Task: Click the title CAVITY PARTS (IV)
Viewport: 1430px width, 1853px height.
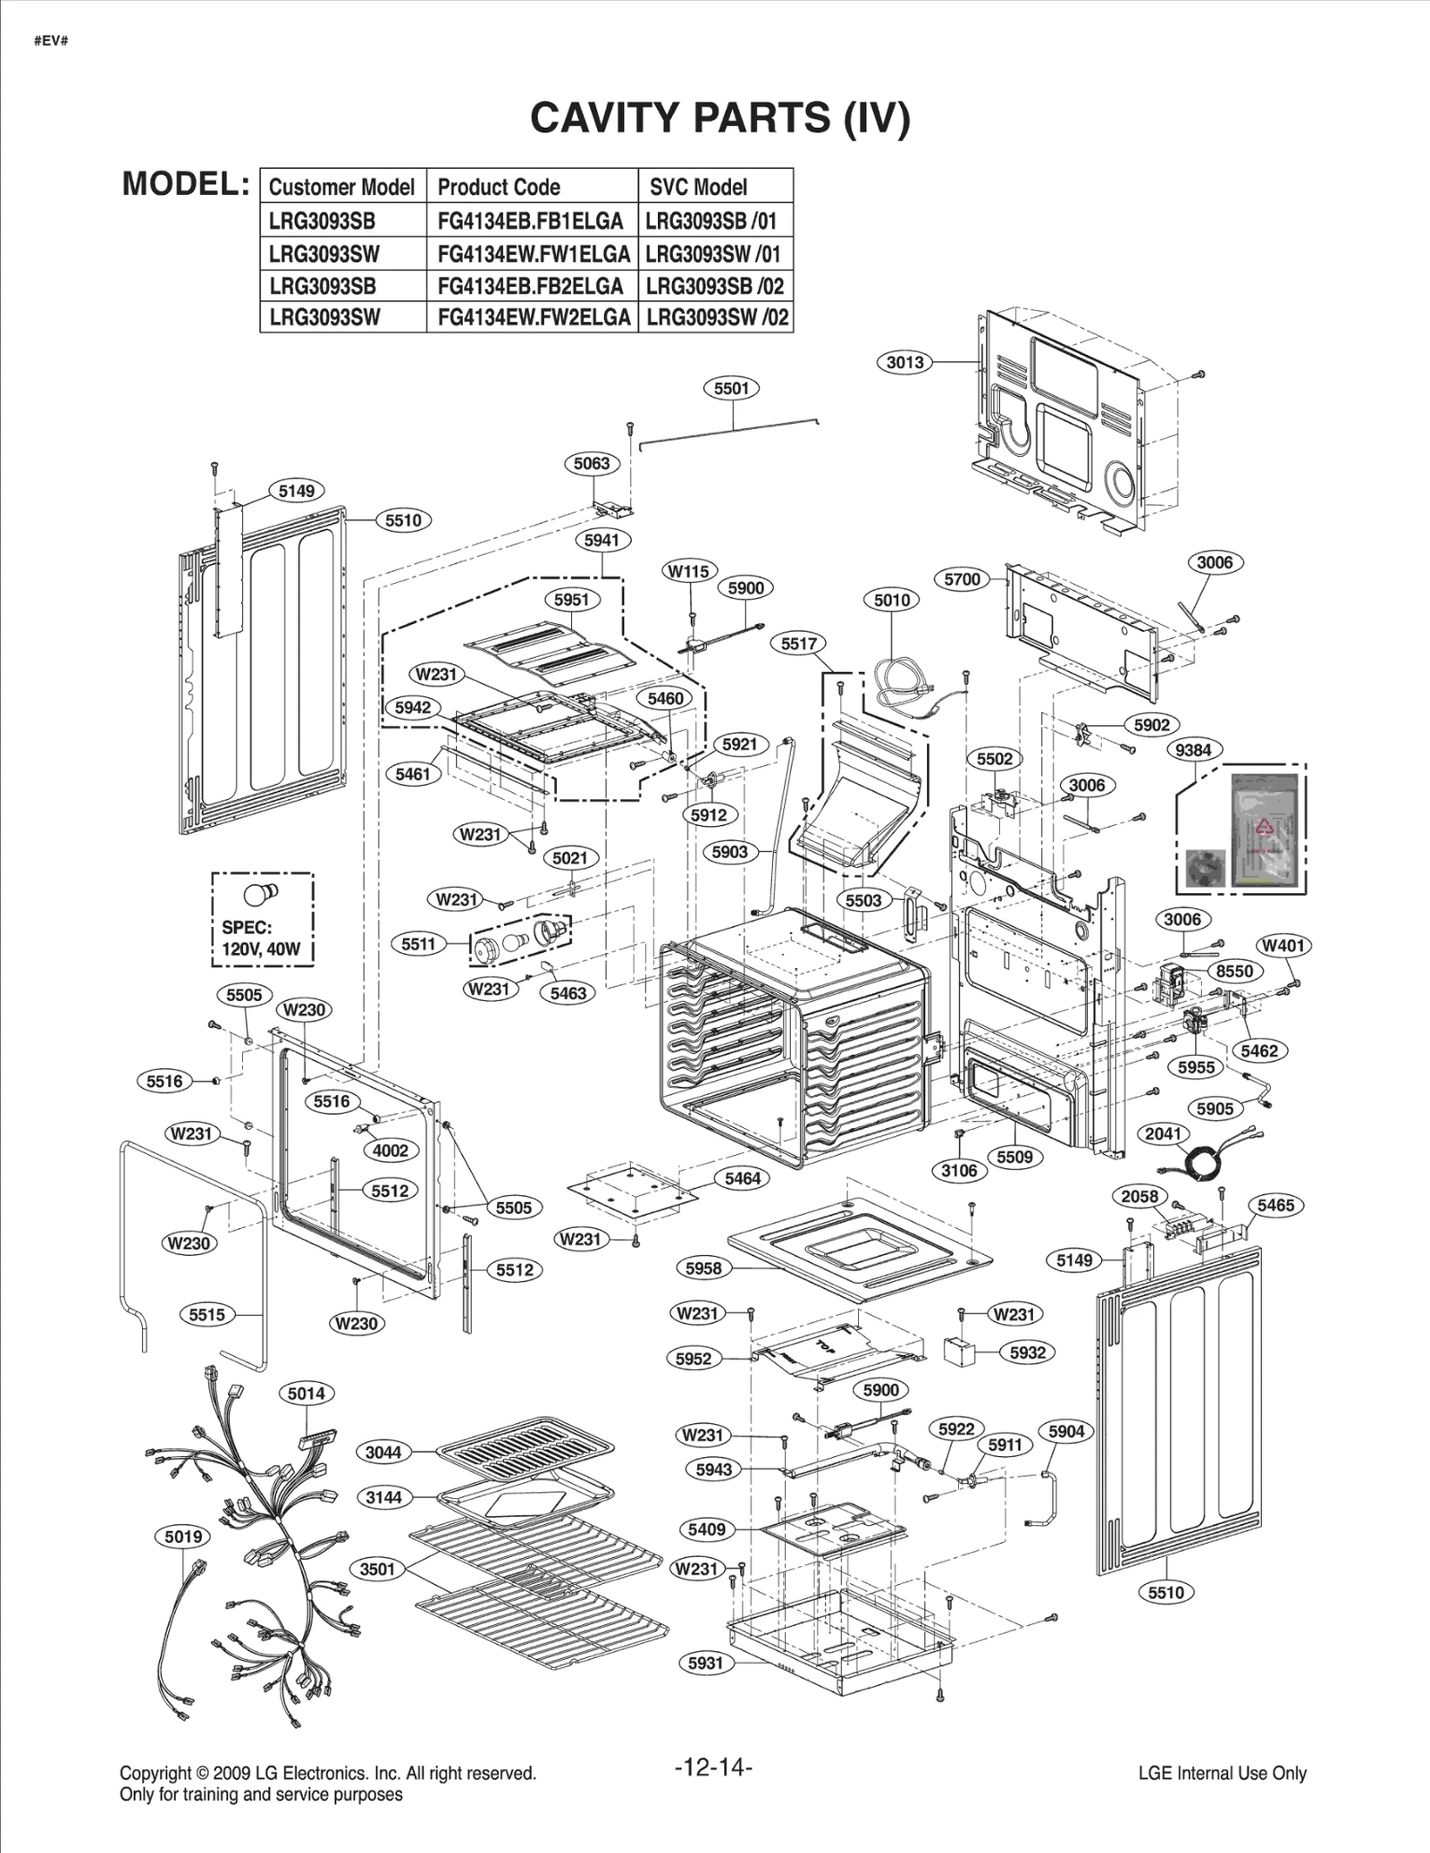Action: pos(719,117)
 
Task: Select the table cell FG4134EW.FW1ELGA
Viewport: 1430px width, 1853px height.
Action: pos(533,254)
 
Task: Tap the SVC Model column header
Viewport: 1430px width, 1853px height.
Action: pos(698,187)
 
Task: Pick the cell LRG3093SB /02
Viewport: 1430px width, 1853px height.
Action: pos(715,286)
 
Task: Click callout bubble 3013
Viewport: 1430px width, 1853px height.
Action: pos(904,362)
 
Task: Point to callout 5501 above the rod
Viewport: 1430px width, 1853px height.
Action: pos(731,388)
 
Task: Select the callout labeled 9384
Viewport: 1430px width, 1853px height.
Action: pos(1193,750)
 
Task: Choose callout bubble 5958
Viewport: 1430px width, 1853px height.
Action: pos(703,1268)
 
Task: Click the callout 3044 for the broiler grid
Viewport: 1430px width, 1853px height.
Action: pos(383,1453)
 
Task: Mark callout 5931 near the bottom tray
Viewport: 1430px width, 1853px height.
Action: pos(705,1663)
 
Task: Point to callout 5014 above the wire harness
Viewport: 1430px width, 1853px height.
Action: pos(307,1393)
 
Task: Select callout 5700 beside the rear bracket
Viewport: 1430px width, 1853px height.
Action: pos(962,579)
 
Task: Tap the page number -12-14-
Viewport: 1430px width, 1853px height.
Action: pos(713,1768)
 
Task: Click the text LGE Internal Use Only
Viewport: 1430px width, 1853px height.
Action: pos(1222,1773)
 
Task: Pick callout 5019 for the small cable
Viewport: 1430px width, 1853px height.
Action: pos(183,1537)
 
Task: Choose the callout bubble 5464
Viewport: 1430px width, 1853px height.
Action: pos(742,1178)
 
